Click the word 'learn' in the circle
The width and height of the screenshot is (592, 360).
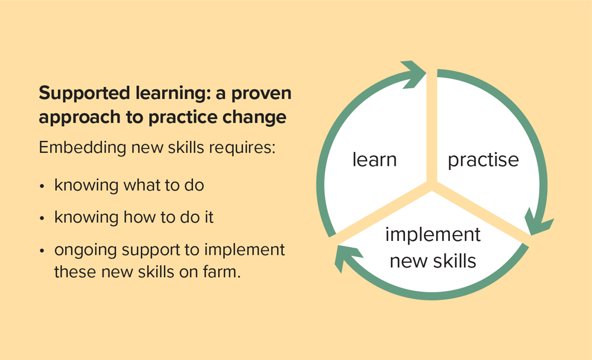pos(375,159)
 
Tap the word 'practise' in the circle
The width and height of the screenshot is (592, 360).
pos(483,160)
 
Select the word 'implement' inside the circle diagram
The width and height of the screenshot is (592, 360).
pos(433,235)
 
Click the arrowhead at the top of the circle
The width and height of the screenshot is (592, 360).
pos(413,75)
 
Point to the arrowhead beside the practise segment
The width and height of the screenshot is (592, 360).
pos(538,222)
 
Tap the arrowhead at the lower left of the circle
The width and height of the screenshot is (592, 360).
pos(348,258)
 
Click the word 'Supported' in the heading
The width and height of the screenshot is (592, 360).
pos(85,94)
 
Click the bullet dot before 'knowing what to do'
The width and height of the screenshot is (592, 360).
pos(42,187)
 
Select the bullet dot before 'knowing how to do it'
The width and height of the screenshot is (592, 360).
pos(42,218)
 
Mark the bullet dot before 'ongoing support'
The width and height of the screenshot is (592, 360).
pos(42,251)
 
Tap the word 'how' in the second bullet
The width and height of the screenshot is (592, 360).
pos(140,217)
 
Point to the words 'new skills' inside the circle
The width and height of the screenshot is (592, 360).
pos(433,261)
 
